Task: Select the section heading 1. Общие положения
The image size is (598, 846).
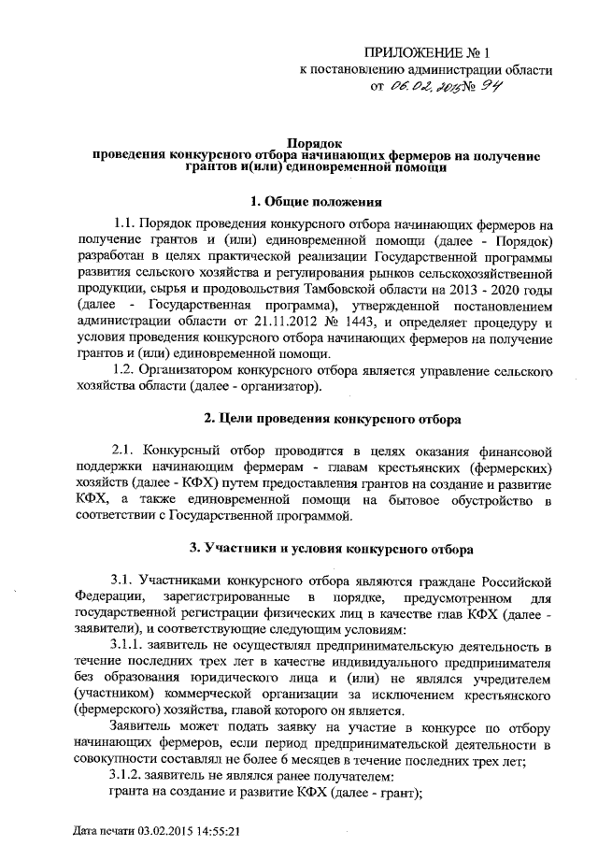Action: (x=314, y=201)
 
